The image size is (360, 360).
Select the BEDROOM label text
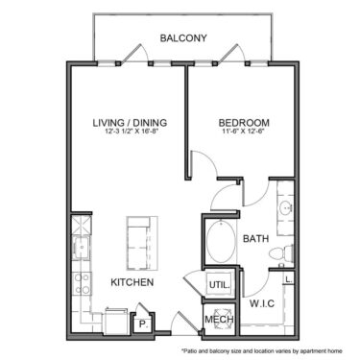[x=243, y=123]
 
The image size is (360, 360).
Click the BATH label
[x=254, y=238]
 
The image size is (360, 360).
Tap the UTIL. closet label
[x=218, y=284]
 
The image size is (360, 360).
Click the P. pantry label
[x=142, y=324]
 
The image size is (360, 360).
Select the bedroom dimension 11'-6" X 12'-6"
[x=243, y=134]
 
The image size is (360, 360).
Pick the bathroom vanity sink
[x=284, y=210]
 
